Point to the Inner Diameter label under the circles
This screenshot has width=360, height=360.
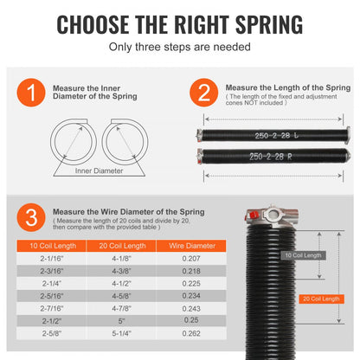click(x=99, y=170)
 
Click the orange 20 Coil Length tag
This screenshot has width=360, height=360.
click(x=319, y=299)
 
